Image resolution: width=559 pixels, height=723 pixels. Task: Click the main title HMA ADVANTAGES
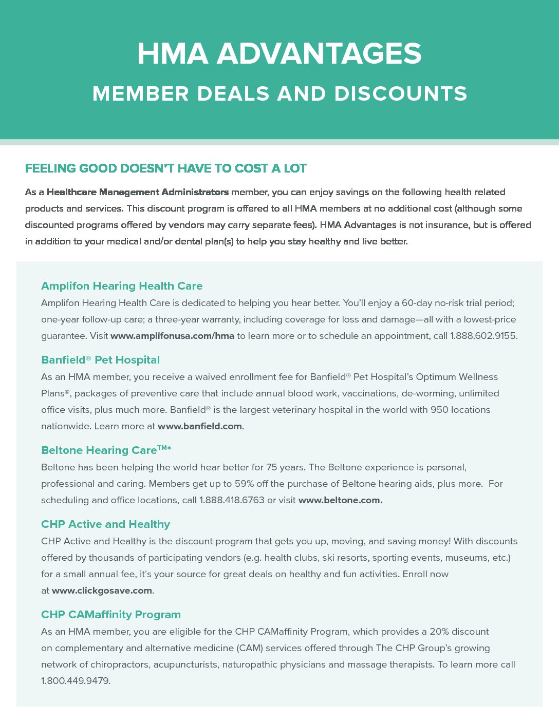click(x=279, y=54)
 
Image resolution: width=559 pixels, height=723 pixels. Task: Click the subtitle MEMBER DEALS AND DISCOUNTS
click(x=279, y=94)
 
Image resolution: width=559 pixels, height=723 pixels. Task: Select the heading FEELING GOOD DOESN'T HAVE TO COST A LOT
click(x=165, y=168)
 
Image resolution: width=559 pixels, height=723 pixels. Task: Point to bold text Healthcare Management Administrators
click(x=137, y=192)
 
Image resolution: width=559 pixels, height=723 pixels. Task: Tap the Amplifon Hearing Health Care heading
click(x=122, y=286)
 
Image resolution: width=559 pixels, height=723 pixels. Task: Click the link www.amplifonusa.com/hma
click(x=172, y=336)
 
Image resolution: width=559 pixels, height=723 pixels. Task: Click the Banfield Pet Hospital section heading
click(x=100, y=360)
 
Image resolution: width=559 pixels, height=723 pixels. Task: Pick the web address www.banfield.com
click(x=199, y=426)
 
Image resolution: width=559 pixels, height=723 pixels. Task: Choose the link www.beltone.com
click(x=340, y=500)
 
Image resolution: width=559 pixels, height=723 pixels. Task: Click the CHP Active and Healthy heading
click(x=105, y=524)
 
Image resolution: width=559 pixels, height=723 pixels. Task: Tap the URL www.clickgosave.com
click(x=102, y=591)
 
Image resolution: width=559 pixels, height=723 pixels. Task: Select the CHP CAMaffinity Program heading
click(x=111, y=615)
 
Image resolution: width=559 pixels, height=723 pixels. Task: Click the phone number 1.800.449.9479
click(x=75, y=681)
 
